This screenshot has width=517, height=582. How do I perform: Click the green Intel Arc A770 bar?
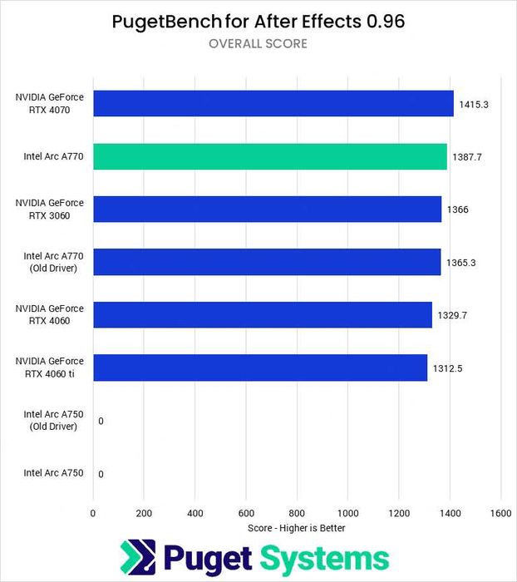(270, 156)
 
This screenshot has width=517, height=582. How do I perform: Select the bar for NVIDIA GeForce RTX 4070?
(273, 103)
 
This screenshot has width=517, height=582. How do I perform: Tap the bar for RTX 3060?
(267, 210)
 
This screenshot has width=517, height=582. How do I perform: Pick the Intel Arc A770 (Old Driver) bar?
(267, 262)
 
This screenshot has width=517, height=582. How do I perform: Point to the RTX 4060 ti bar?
(260, 367)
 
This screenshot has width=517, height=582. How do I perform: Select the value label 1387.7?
(467, 156)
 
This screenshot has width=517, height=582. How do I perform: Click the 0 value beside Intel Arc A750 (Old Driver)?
(101, 421)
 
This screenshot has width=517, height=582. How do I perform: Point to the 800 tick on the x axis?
(298, 513)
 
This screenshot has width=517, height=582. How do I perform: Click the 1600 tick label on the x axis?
(501, 513)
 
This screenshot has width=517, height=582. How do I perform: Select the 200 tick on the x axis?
(144, 513)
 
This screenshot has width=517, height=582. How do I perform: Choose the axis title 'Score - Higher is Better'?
(297, 528)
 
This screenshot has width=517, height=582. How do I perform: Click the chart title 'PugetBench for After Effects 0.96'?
(258, 22)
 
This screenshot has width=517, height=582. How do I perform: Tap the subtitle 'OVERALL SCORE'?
(258, 43)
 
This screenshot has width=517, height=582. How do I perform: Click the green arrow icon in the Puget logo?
(138, 557)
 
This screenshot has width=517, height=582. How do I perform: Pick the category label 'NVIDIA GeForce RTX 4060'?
(49, 315)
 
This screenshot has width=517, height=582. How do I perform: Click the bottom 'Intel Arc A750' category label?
(53, 473)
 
